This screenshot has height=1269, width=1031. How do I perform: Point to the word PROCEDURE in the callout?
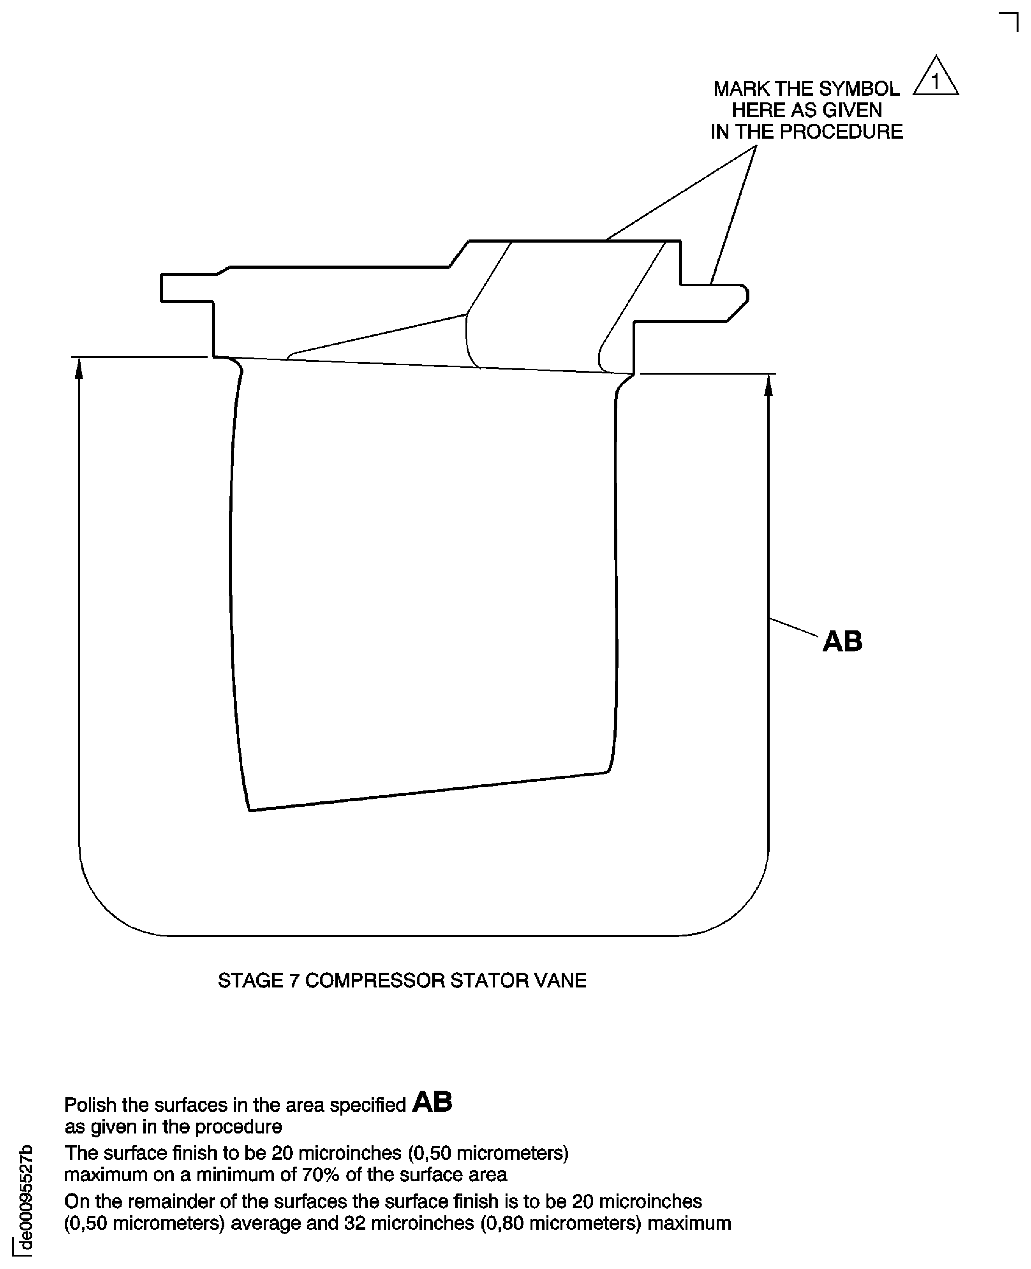coord(841,132)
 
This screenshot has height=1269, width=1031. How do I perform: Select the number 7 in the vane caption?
coord(294,980)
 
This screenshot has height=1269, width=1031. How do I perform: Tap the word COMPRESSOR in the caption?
coord(375,980)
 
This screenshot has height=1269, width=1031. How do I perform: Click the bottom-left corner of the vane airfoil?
coord(249,810)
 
